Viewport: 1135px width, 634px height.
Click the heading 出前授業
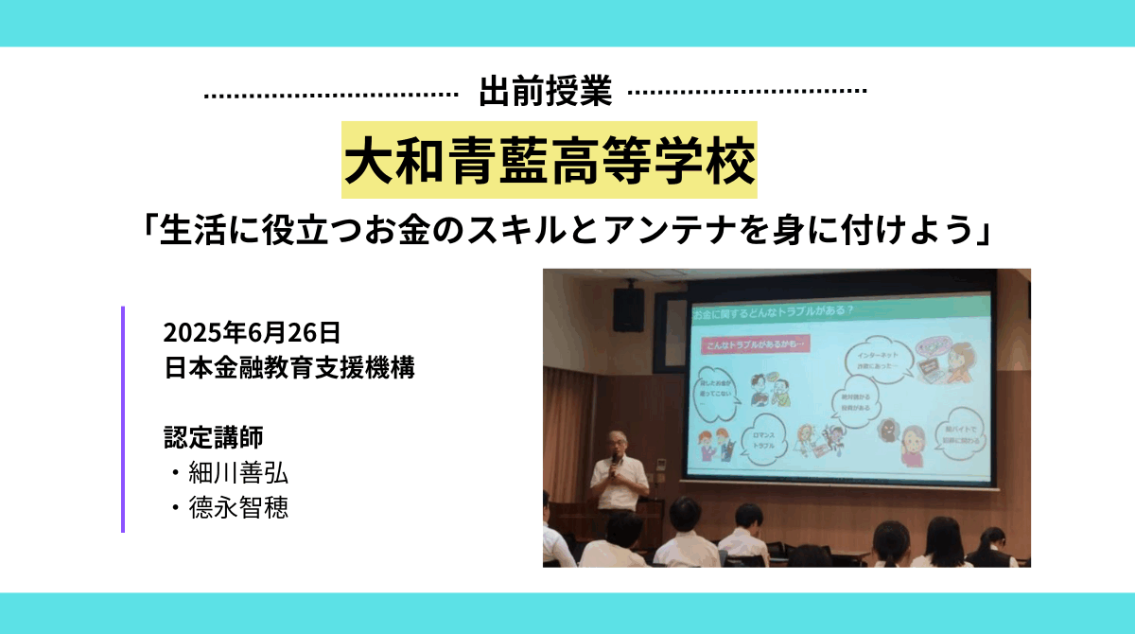coord(546,93)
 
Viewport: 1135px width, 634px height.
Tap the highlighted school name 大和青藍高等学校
coord(550,161)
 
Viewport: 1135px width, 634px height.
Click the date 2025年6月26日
coord(251,333)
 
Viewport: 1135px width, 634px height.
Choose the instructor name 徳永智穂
coord(235,508)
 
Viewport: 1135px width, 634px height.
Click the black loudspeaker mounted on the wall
coord(628,309)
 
